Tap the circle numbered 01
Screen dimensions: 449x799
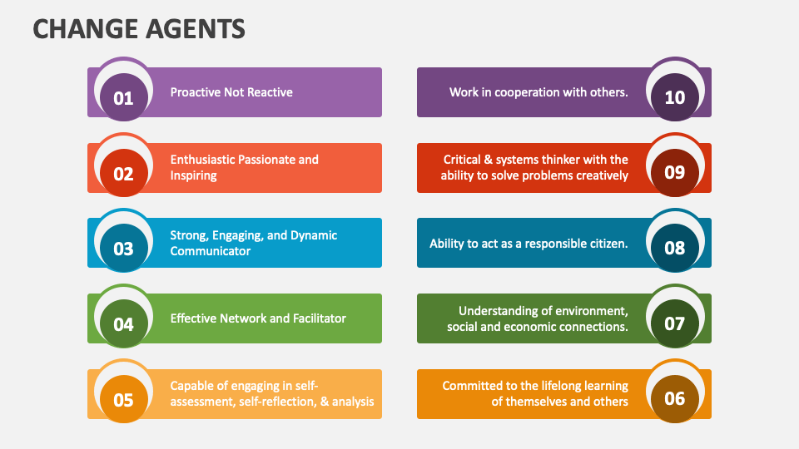pyautogui.click(x=123, y=98)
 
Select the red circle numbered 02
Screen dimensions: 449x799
pyautogui.click(x=123, y=174)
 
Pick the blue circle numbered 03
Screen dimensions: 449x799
pyautogui.click(x=123, y=249)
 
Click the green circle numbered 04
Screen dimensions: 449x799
pyautogui.click(x=123, y=324)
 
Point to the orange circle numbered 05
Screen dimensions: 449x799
pyautogui.click(x=123, y=400)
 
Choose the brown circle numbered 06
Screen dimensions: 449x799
pyautogui.click(x=675, y=398)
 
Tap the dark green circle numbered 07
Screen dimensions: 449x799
pyautogui.click(x=675, y=323)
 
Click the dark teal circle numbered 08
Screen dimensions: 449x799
pyautogui.click(x=675, y=248)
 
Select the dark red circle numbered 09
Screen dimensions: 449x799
pyautogui.click(x=675, y=172)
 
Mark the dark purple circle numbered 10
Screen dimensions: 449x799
pyautogui.click(x=675, y=97)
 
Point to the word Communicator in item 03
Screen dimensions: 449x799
pyautogui.click(x=211, y=251)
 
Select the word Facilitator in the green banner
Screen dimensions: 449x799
pyautogui.click(x=313, y=318)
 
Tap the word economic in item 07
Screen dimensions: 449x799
pyautogui.click(x=532, y=327)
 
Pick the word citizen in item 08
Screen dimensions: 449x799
pyautogui.click(x=606, y=244)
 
